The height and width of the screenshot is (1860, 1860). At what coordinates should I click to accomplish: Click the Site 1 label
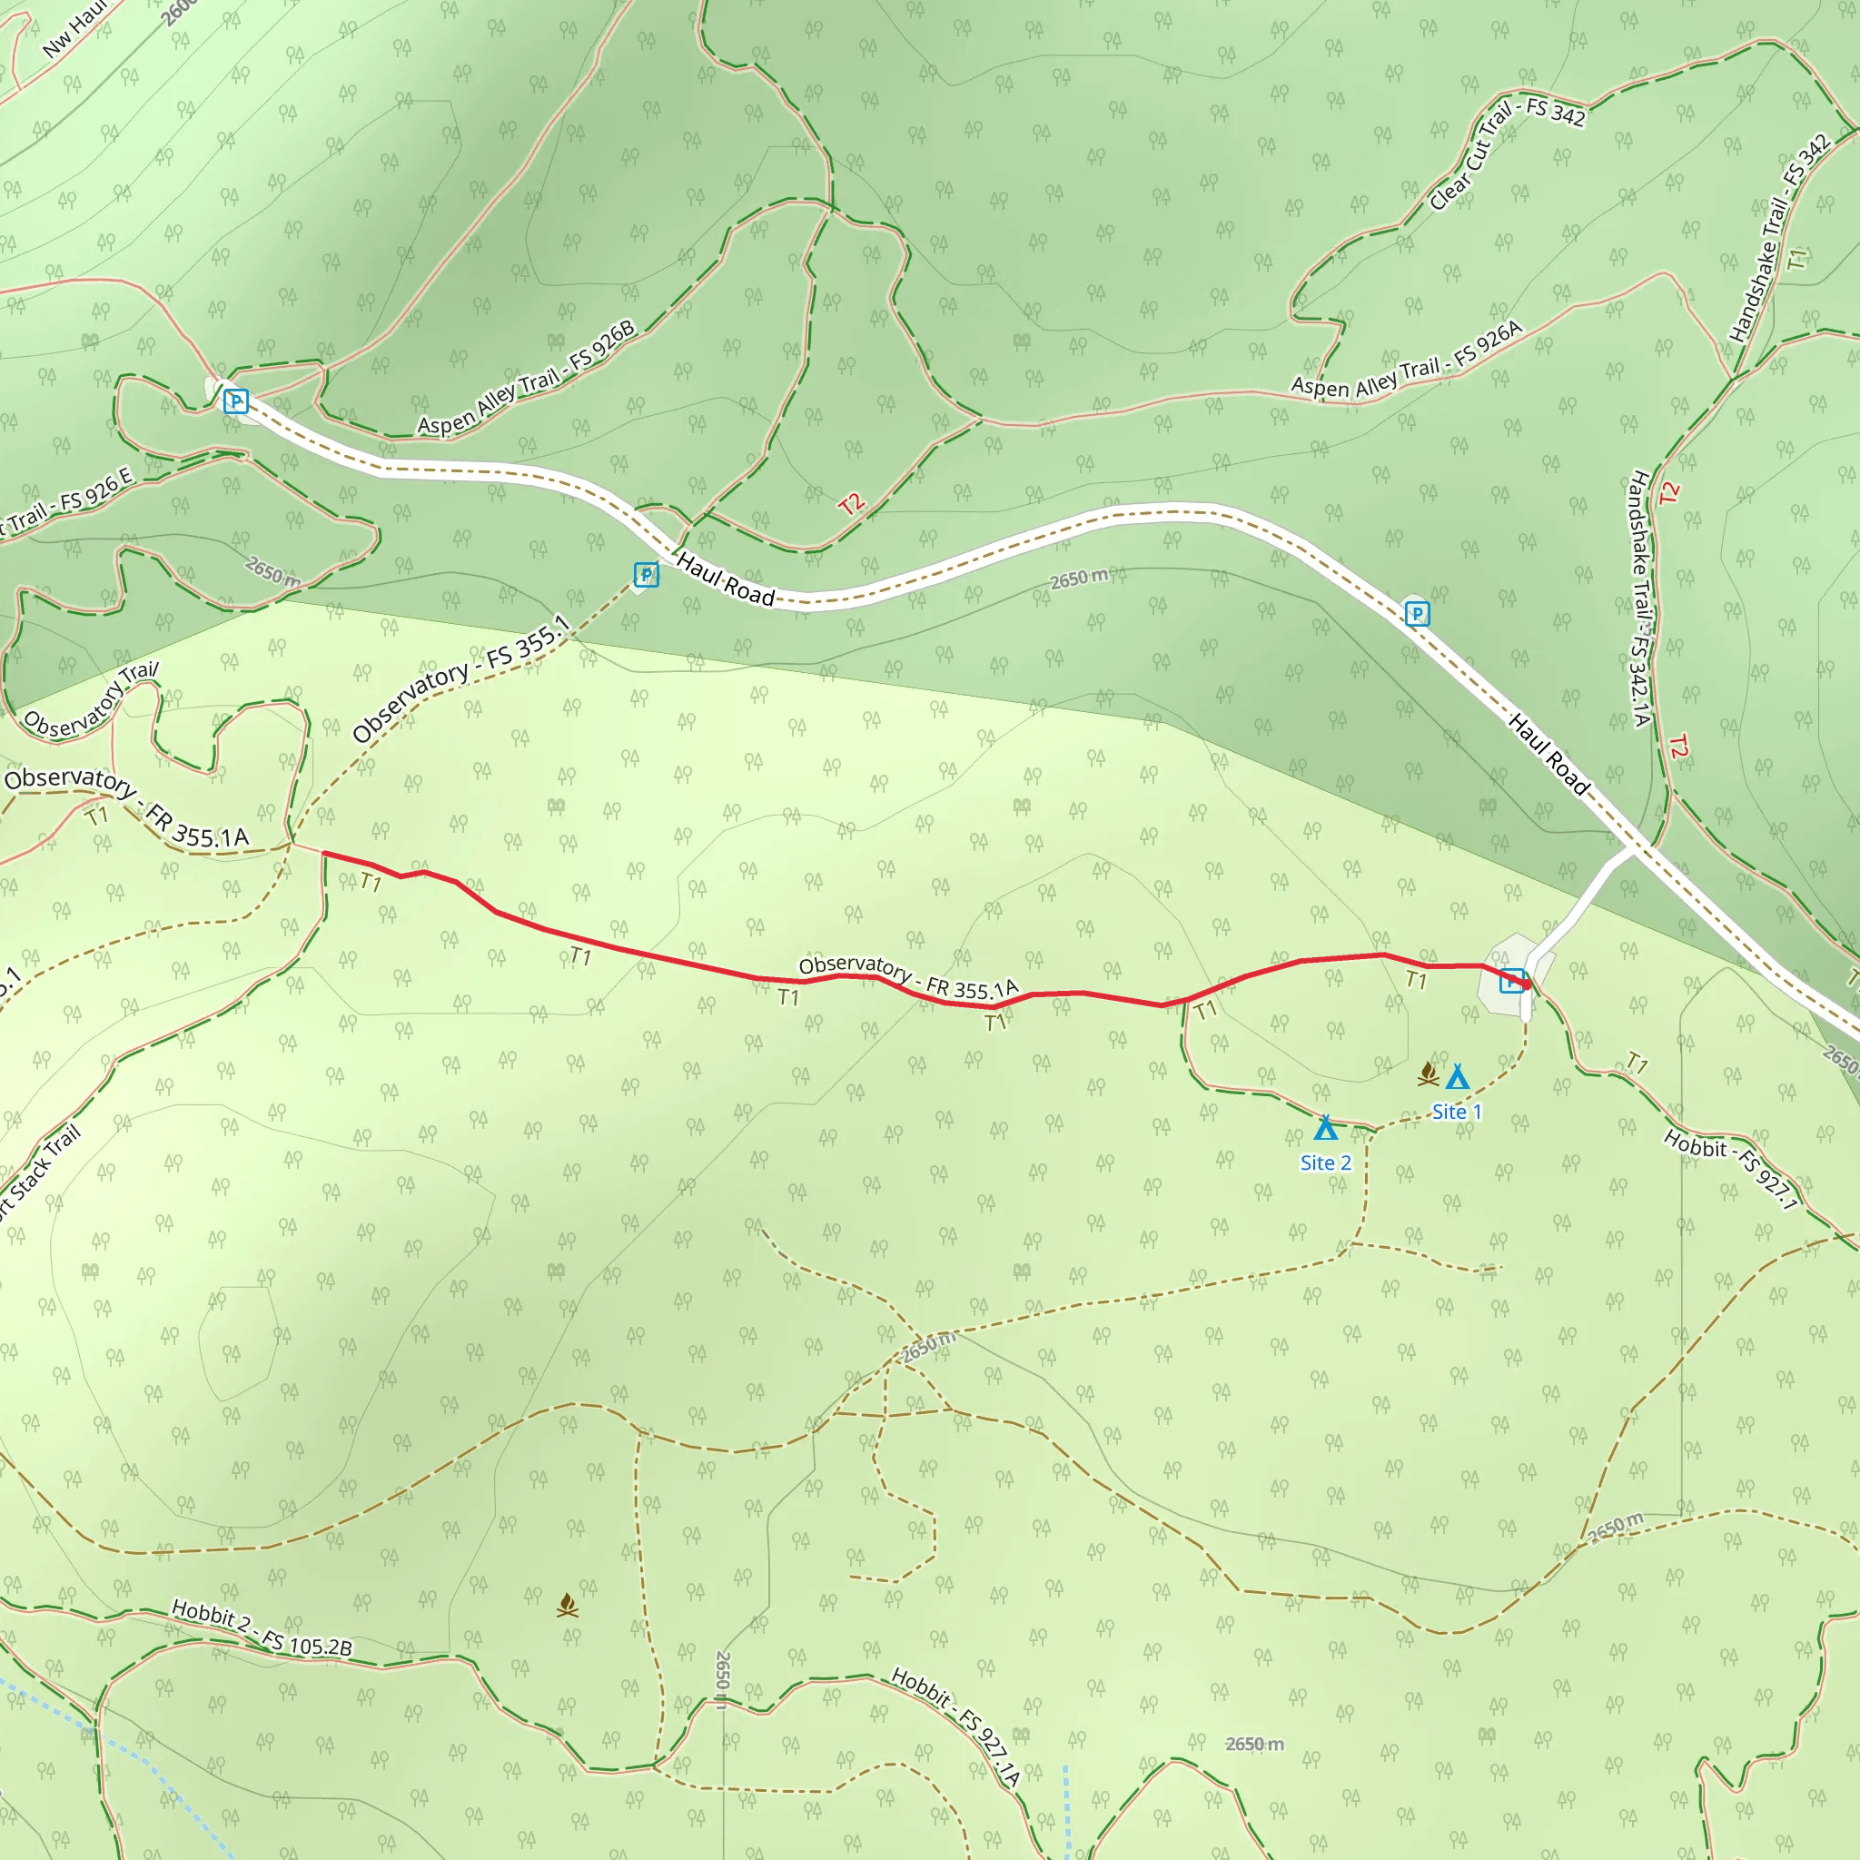tap(1457, 1112)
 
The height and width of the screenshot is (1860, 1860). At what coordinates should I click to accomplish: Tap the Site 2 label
tap(1326, 1163)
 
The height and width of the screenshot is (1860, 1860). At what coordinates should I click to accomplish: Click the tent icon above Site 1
tap(1458, 1076)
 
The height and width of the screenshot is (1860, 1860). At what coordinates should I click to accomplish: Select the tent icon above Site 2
tap(1326, 1127)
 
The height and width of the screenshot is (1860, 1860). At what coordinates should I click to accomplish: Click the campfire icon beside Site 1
tap(1428, 1073)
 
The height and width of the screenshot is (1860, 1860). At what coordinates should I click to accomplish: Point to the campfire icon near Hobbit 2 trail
tap(568, 1605)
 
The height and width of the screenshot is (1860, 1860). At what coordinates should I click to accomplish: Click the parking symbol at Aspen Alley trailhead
tap(236, 401)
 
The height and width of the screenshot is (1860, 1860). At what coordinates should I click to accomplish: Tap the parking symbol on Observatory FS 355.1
tap(646, 575)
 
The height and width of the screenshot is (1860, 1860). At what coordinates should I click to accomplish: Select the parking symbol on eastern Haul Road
tap(1417, 613)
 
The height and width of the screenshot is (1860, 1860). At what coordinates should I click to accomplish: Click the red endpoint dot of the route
tap(1526, 984)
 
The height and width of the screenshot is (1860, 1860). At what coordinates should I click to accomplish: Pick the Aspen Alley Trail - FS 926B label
tap(527, 378)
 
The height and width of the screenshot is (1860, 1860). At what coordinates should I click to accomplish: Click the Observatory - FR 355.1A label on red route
tap(908, 976)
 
